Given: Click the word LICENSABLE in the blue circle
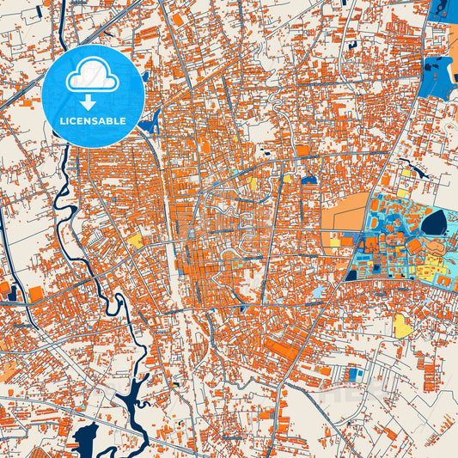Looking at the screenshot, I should click(93, 121).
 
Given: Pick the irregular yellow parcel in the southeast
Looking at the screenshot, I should click(402, 326).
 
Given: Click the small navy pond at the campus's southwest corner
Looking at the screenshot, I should click(351, 275).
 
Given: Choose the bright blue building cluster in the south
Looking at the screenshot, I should click(353, 374).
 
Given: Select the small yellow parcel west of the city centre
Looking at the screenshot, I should click(136, 241).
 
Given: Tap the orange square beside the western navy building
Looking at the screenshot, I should click(35, 294).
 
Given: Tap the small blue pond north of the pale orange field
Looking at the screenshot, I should click(308, 180).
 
